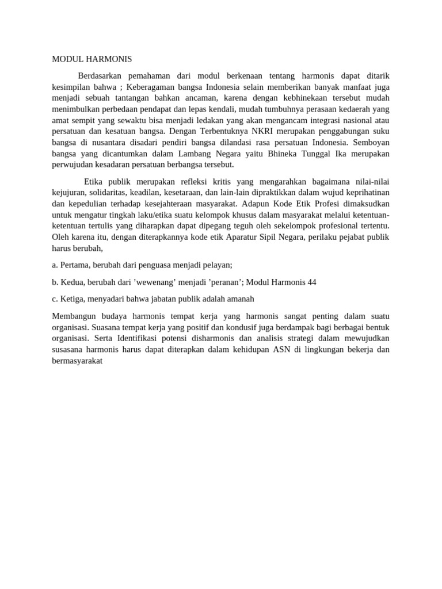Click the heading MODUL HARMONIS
92,59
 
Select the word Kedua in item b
73,282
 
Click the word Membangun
74,316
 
